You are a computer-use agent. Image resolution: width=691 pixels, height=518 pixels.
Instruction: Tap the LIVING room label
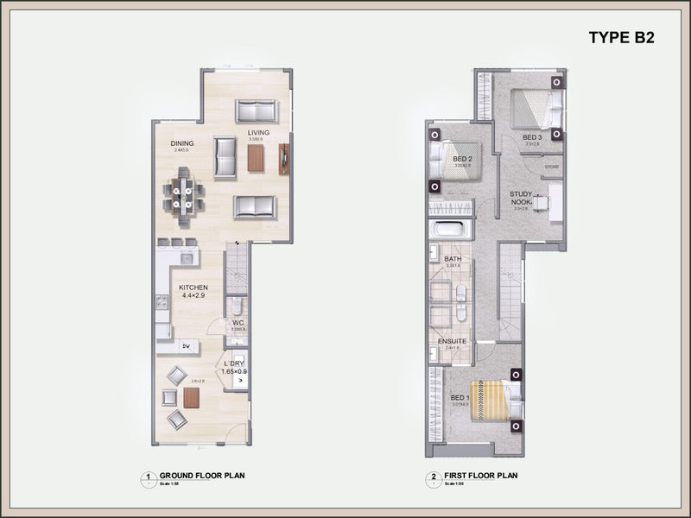258,132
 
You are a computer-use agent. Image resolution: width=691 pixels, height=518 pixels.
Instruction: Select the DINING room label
182,143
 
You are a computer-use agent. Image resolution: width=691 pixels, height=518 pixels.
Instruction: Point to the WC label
238,324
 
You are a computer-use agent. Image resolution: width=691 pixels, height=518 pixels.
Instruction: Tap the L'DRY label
235,363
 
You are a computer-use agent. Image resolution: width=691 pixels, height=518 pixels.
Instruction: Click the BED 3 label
532,137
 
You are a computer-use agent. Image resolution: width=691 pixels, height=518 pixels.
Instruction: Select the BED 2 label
462,159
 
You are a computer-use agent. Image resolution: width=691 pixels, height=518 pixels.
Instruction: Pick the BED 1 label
460,398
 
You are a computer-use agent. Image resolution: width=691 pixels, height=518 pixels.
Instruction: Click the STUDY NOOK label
521,198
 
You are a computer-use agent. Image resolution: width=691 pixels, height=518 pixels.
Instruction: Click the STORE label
552,167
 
